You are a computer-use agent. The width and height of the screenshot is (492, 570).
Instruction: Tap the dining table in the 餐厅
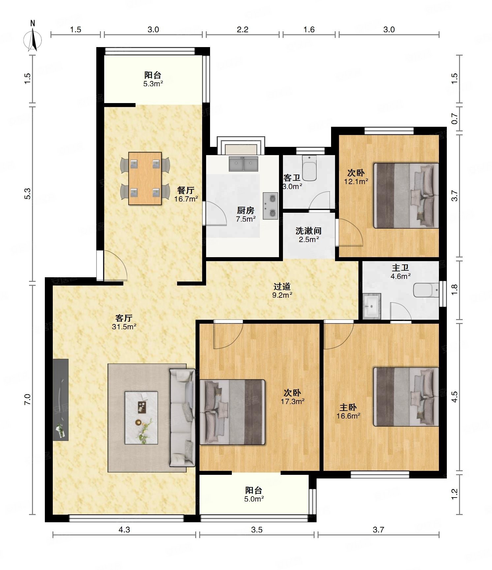pyautogui.click(x=145, y=178)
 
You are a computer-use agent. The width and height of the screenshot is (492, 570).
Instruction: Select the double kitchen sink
pyautogui.click(x=244, y=164)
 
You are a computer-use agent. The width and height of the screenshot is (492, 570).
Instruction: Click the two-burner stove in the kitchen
pyautogui.click(x=270, y=206)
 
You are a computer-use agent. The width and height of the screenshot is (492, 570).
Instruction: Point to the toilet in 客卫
pyautogui.click(x=309, y=168)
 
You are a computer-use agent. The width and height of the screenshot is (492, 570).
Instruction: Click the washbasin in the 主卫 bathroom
pyautogui.click(x=372, y=306)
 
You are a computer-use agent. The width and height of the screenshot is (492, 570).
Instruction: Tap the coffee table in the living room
pyautogui.click(x=141, y=418)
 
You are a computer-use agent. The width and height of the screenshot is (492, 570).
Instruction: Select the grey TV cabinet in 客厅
pyautogui.click(x=61, y=399)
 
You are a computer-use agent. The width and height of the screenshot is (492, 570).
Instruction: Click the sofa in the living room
pyautogui.click(x=182, y=418)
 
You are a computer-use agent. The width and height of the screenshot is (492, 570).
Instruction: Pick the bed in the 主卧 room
pyautogui.click(x=406, y=397)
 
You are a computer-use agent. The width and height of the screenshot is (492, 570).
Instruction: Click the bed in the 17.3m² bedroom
pyautogui.click(x=232, y=412)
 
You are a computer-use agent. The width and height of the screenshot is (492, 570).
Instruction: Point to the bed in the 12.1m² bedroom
pyautogui.click(x=406, y=195)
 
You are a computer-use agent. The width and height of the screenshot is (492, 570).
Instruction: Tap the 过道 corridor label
pyautogui.click(x=282, y=286)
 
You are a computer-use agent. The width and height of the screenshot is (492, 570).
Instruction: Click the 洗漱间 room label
pyautogui.click(x=308, y=231)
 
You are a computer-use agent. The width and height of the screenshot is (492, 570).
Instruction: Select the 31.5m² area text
pyautogui.click(x=124, y=327)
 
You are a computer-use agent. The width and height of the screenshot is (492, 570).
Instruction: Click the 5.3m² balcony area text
pyautogui.click(x=153, y=84)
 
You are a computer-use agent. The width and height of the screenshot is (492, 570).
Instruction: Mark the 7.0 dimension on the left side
pyautogui.click(x=27, y=399)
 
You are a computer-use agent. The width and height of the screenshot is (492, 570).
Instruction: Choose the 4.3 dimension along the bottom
pyautogui.click(x=124, y=529)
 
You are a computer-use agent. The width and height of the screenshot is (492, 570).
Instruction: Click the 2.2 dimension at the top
pyautogui.click(x=242, y=30)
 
